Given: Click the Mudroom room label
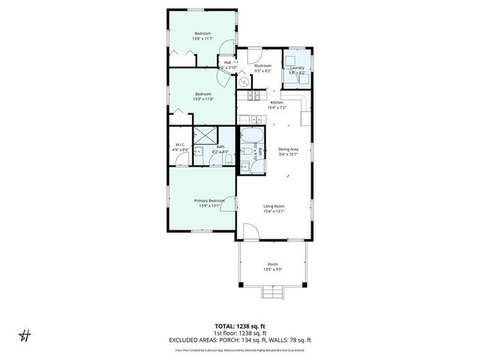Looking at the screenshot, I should tap(262, 66).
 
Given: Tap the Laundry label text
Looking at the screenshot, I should tap(297, 67).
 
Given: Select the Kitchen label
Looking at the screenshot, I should tap(277, 103).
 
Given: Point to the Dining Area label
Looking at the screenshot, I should tap(289, 149).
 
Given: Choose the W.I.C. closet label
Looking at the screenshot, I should tap(181, 145).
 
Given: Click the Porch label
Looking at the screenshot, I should tap(272, 265).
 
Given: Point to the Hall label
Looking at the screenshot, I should tap(227, 62).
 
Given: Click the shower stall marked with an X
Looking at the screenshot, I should tap(204, 136).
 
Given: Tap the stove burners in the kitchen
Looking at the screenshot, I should tap(253, 95).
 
